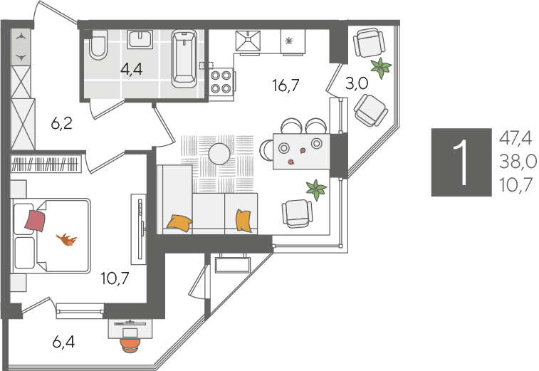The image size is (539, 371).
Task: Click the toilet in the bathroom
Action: tap(98, 45)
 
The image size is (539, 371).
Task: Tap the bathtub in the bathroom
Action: tap(184, 58)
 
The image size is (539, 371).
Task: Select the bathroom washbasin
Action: tap(140, 39)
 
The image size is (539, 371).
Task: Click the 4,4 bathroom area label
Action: tap(131, 70)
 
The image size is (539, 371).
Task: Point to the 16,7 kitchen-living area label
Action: tap(286, 85)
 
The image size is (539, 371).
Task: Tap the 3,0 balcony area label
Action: tap(357, 83)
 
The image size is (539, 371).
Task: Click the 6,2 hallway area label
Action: tap(62, 123)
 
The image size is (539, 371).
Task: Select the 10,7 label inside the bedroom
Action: tap(115, 278)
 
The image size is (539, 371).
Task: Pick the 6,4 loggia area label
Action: tap(63, 342)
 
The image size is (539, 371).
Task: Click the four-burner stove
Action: tap(221, 82)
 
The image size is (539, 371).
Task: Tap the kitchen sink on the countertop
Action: tap(248, 41)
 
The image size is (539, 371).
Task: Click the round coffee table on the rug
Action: tap(219, 154)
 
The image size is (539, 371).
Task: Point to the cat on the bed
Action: tap(67, 239)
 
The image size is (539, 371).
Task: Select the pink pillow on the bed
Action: tap(35, 221)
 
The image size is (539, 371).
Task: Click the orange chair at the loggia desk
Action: tap(130, 345)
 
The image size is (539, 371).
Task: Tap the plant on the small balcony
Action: tap(380, 68)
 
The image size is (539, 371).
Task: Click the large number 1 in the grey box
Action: tap(461, 162)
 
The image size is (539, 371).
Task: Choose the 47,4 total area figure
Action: tap(516, 139)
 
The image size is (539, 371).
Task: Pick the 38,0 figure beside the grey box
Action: tap(518, 161)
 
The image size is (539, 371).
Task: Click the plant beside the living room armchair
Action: tap(316, 189)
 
